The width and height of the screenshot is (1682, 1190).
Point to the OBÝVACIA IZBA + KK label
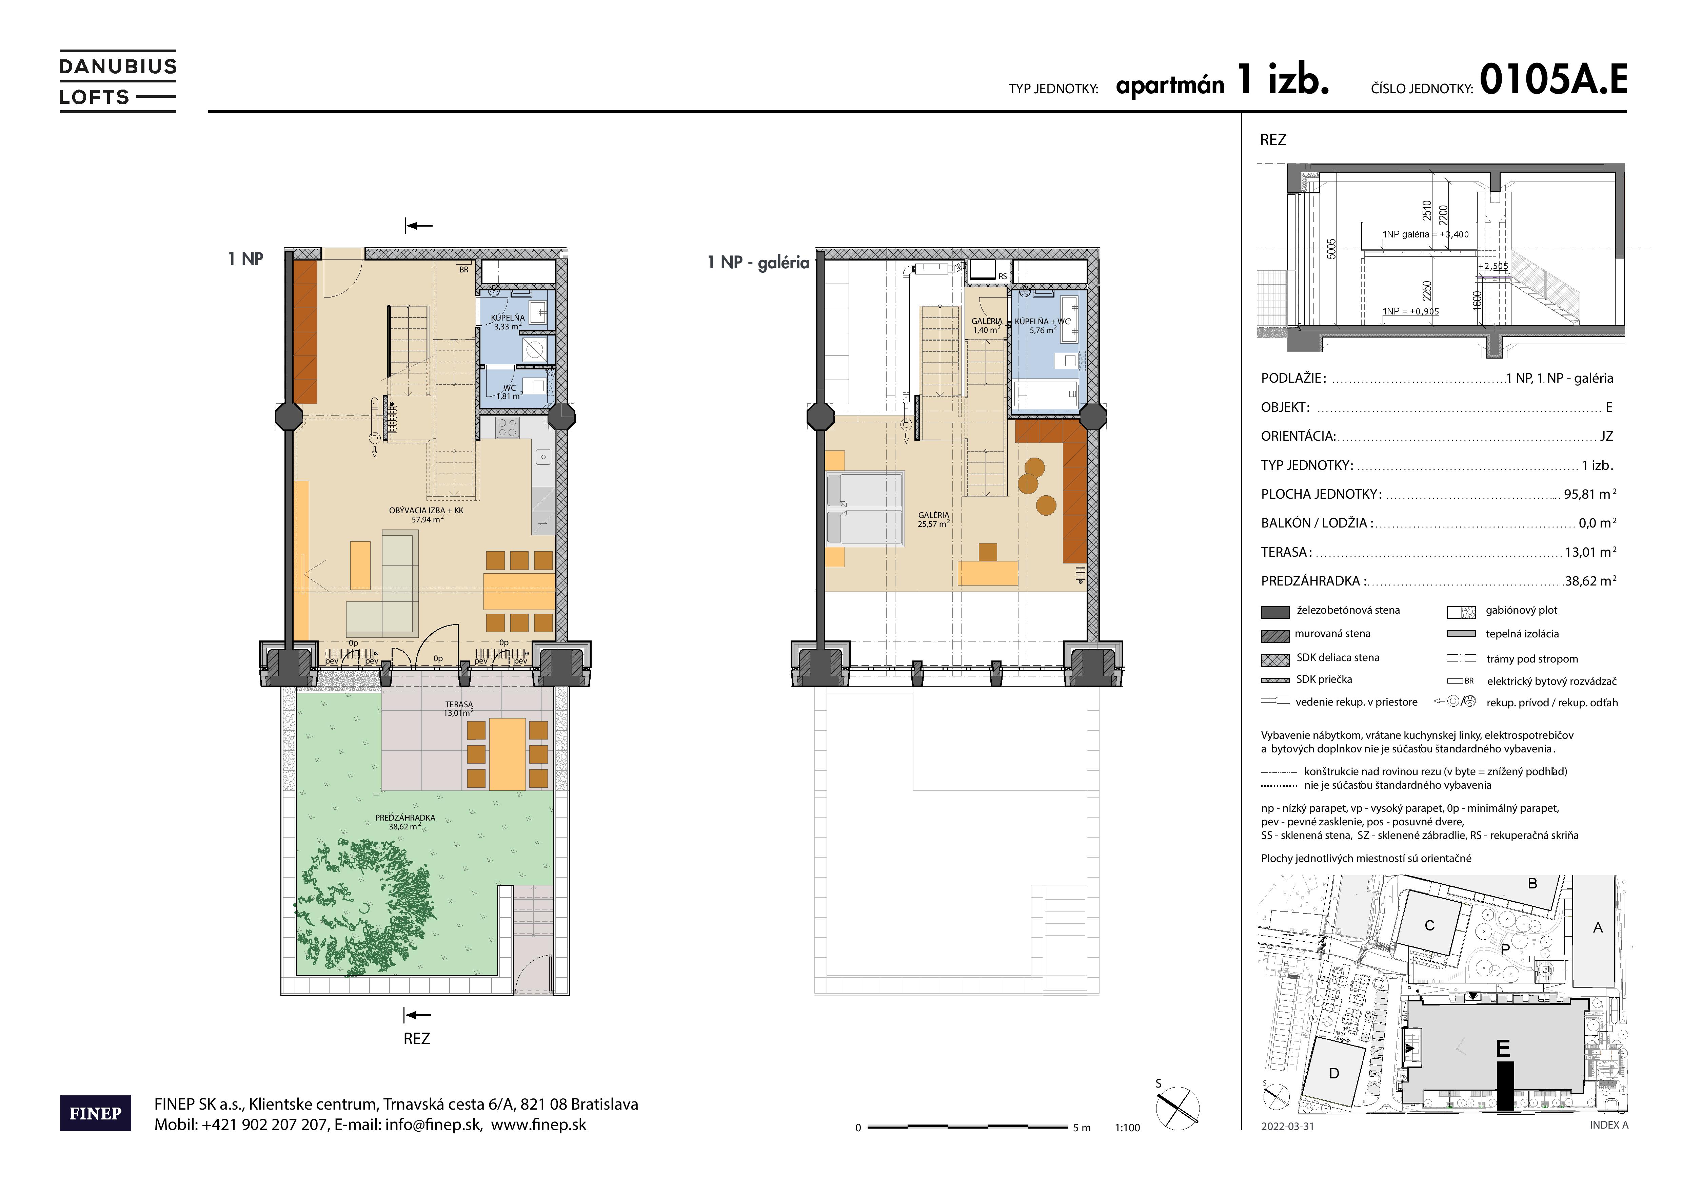click(427, 514)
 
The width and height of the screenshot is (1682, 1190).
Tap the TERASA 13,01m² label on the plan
click(459, 709)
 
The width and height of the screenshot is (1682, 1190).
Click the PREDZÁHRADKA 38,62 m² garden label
click(405, 821)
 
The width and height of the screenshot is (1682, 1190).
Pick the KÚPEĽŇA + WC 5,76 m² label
click(1042, 325)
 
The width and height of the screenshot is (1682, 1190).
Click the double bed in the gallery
click(865, 509)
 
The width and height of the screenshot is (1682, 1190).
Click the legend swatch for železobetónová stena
click(1275, 613)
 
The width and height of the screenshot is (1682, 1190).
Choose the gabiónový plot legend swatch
click(1462, 613)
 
